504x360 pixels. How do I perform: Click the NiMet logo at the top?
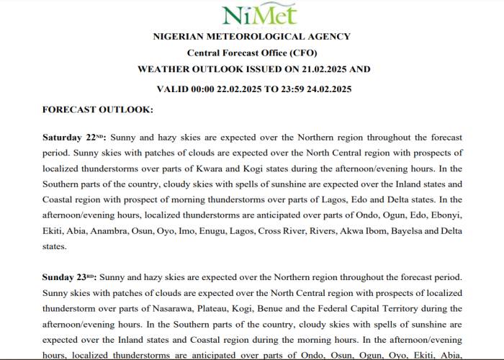coord(253,14)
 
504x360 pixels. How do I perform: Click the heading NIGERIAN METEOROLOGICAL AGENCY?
coord(252,37)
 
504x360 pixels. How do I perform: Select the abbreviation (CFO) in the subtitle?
coord(302,53)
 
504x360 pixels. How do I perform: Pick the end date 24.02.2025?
coord(326,89)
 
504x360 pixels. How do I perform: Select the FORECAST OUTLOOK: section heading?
coord(98,109)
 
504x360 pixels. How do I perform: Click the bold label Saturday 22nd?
coord(73,137)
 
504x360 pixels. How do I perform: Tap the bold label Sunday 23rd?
coord(70,276)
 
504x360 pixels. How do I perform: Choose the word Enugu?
coord(250,230)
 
